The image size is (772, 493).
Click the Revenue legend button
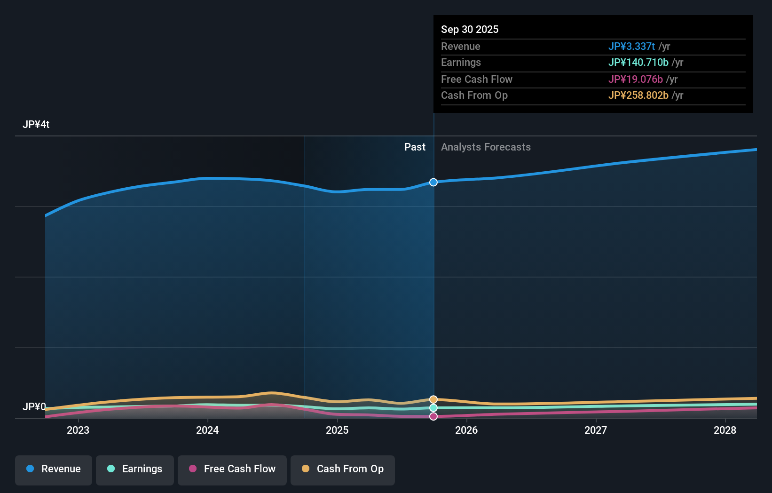click(x=54, y=469)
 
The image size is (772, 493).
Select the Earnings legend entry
click(x=135, y=469)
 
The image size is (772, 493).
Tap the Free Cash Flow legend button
click(x=232, y=469)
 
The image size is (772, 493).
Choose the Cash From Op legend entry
click(x=343, y=469)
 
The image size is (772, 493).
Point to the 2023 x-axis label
click(x=78, y=430)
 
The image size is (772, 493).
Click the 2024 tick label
click(x=207, y=430)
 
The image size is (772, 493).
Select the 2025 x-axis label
click(x=337, y=430)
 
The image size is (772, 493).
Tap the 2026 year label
click(x=466, y=430)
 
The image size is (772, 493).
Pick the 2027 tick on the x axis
click(x=596, y=430)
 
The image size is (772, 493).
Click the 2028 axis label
click(x=725, y=430)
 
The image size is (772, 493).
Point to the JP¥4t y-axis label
click(x=36, y=125)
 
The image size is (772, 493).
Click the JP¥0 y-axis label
click(x=34, y=406)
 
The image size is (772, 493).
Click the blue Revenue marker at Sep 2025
click(x=433, y=182)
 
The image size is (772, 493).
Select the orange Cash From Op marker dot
click(x=433, y=399)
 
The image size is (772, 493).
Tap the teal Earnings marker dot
click(x=433, y=408)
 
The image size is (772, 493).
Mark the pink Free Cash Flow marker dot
click(x=433, y=416)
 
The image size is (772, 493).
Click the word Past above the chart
click(x=415, y=147)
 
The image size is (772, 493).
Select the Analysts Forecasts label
click(x=486, y=147)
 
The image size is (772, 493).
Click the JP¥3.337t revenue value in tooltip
click(x=631, y=47)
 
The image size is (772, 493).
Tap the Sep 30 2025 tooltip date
click(x=470, y=29)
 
